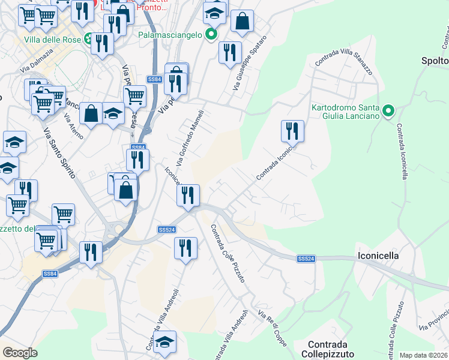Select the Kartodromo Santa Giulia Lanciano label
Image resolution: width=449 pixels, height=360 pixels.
(346, 112)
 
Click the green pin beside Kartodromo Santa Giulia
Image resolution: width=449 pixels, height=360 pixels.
(388, 110)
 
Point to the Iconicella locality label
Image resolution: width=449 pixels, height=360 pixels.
(378, 255)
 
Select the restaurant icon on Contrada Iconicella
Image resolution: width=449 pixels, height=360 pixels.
(292, 131)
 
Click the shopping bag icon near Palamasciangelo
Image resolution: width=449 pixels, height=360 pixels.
(242, 22)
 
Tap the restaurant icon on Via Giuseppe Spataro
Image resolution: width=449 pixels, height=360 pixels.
(230, 53)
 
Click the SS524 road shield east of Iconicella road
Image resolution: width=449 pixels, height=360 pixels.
(306, 259)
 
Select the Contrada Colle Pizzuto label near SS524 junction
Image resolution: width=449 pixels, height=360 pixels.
(228, 254)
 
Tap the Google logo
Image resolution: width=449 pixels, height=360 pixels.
(20, 353)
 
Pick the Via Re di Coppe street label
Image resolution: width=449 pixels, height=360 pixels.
(273, 329)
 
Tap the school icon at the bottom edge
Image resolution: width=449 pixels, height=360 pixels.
(164, 341)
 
